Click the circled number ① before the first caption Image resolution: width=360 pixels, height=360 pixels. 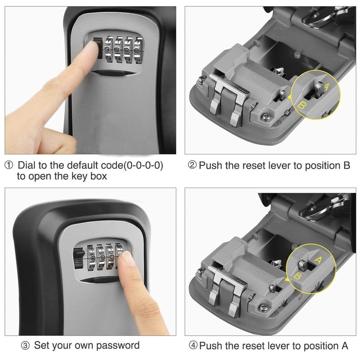click(9, 166)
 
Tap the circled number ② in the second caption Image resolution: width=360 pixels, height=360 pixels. click(192, 166)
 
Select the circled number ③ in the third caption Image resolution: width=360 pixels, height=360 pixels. click(26, 346)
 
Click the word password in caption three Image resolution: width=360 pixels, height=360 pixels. click(116, 346)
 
